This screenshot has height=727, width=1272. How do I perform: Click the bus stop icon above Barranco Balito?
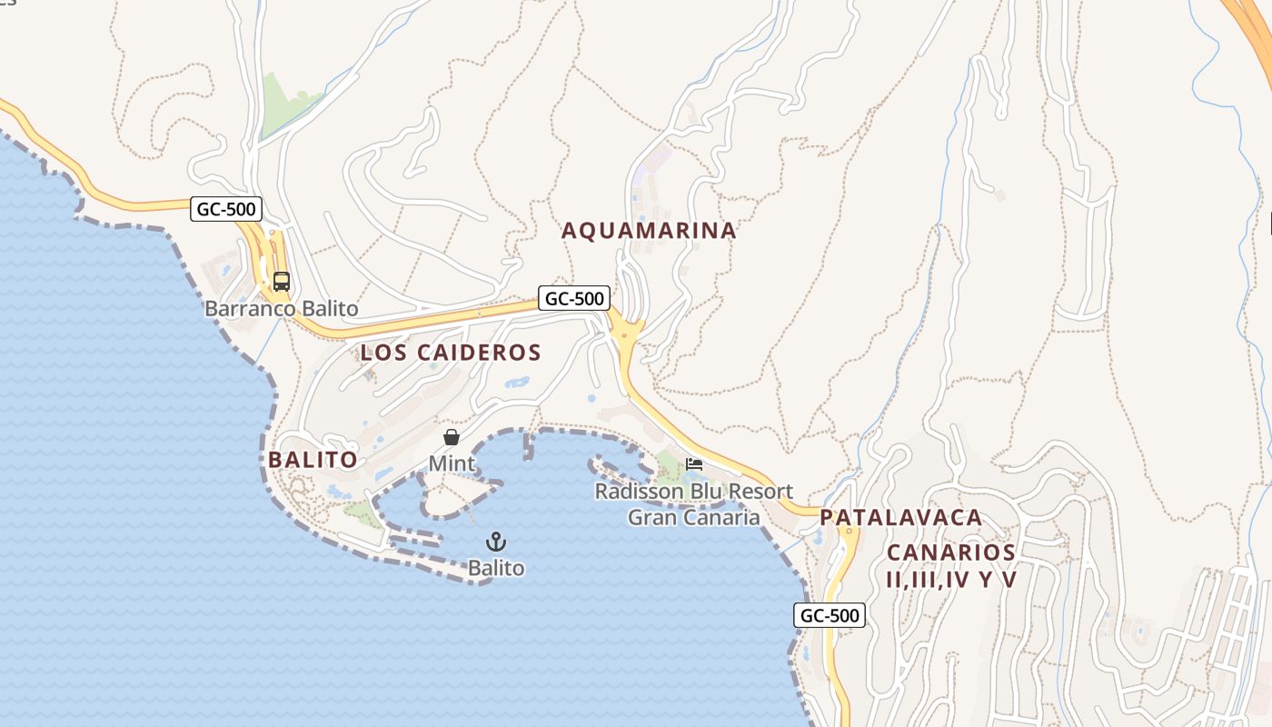tap(282, 282)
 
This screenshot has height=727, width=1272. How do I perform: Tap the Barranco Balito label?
tap(281, 309)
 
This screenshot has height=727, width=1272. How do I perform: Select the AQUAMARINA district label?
tap(649, 231)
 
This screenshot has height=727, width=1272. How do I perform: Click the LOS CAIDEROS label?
tap(451, 353)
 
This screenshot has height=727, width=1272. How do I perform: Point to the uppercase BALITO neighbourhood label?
tap(313, 460)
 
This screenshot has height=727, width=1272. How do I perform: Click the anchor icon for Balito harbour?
tap(496, 543)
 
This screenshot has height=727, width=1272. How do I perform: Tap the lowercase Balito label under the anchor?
tap(496, 568)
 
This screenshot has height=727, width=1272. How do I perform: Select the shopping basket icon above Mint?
tap(452, 438)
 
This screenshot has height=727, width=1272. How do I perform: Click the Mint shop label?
tap(452, 463)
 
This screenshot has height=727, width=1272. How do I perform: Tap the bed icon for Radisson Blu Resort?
tap(694, 464)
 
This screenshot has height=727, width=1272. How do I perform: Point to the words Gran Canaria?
tap(693, 518)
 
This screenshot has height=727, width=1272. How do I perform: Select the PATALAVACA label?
tap(900, 518)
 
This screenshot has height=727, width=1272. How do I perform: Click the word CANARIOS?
tap(950, 553)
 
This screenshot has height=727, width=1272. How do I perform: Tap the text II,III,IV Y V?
tap(950, 579)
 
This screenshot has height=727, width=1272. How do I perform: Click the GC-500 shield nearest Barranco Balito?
tap(226, 209)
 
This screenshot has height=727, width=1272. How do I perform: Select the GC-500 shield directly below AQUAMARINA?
tap(573, 298)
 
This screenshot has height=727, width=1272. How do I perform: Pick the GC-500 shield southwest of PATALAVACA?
tap(829, 615)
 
